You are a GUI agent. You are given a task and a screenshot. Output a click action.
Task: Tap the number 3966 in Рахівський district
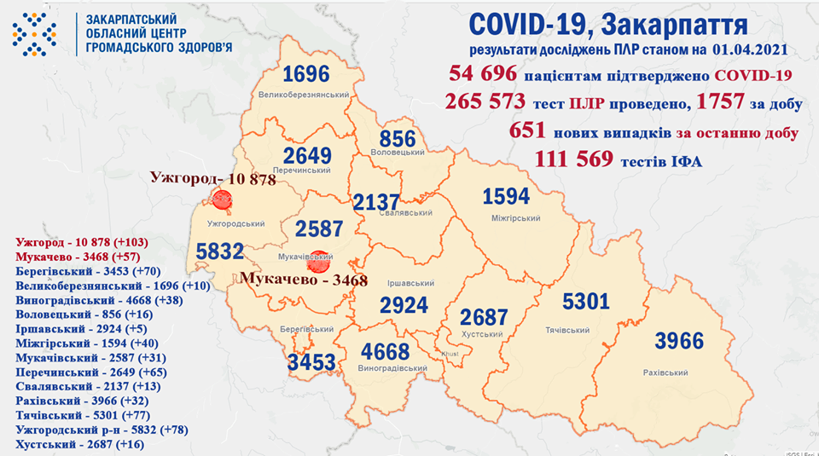tap(679, 342)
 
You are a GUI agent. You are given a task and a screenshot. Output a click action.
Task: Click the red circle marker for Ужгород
tap(222, 200)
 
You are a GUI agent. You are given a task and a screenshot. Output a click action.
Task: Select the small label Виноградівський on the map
tap(393, 368)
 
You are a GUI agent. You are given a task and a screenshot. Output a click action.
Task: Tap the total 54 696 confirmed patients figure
tap(479, 76)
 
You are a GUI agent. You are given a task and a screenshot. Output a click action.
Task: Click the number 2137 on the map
tap(377, 203)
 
